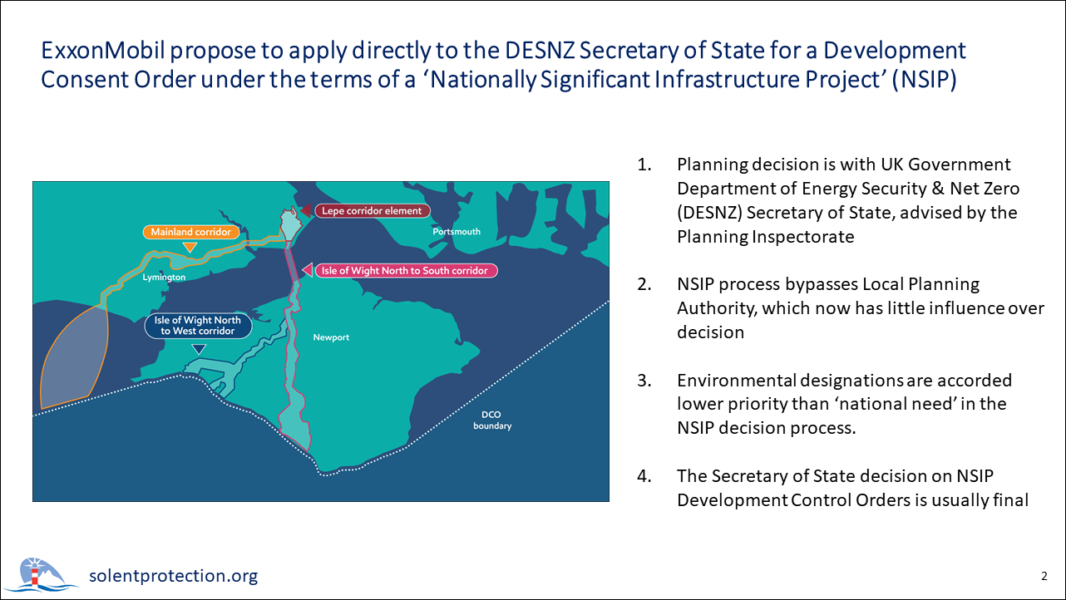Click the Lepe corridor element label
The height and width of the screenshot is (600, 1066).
pyautogui.click(x=373, y=210)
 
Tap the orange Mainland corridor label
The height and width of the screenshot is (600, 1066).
pyautogui.click(x=191, y=232)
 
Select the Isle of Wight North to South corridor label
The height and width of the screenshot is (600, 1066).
pyautogui.click(x=406, y=271)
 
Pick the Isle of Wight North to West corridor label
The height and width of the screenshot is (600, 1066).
pyautogui.click(x=198, y=326)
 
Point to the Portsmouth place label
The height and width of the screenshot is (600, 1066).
pyautogui.click(x=457, y=232)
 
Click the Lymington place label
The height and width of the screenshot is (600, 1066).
pyautogui.click(x=164, y=278)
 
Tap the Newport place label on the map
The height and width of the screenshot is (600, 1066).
pyautogui.click(x=331, y=337)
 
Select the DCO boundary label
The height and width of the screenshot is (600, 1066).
pyautogui.click(x=492, y=420)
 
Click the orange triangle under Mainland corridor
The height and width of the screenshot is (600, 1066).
pyautogui.click(x=190, y=247)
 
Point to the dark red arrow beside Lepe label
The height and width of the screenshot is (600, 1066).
pyautogui.click(x=305, y=210)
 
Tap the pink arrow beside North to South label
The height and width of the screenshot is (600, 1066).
pyautogui.click(x=308, y=270)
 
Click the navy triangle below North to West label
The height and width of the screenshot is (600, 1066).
pyautogui.click(x=199, y=349)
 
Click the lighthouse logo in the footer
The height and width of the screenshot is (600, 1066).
pyautogui.click(x=42, y=574)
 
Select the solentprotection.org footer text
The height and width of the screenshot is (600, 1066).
pyautogui.click(x=173, y=575)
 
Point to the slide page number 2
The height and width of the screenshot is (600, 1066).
pyautogui.click(x=1044, y=576)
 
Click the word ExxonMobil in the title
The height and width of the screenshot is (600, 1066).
pyautogui.click(x=103, y=51)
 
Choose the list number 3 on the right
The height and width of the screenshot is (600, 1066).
pyautogui.click(x=644, y=381)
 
